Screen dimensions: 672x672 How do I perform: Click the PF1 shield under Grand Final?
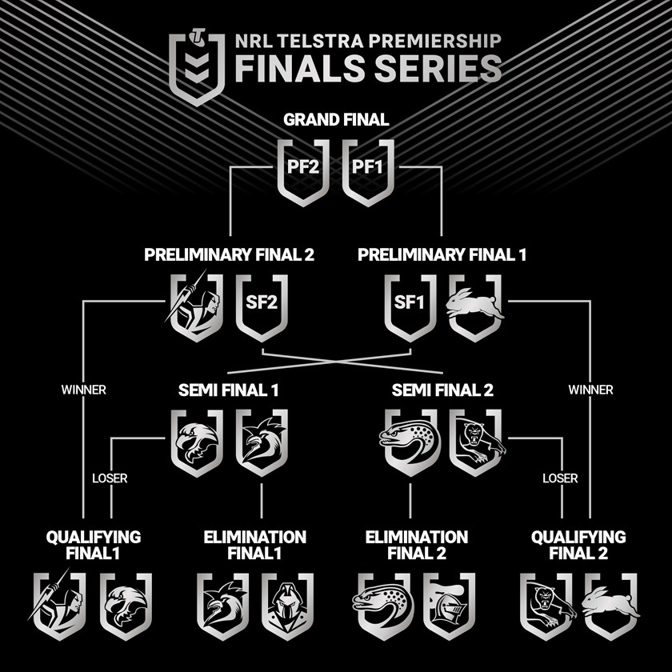point(368,170)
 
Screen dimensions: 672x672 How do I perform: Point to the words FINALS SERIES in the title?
point(368,69)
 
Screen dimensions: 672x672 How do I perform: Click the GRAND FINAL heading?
point(336,120)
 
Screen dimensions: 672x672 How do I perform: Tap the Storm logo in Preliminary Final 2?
point(195,306)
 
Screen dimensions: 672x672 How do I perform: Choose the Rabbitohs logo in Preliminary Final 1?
point(476,306)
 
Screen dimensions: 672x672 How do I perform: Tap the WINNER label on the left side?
point(83,390)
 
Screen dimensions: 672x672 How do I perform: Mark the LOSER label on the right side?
point(560,478)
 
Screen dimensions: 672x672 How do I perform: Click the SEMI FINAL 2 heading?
point(442,391)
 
